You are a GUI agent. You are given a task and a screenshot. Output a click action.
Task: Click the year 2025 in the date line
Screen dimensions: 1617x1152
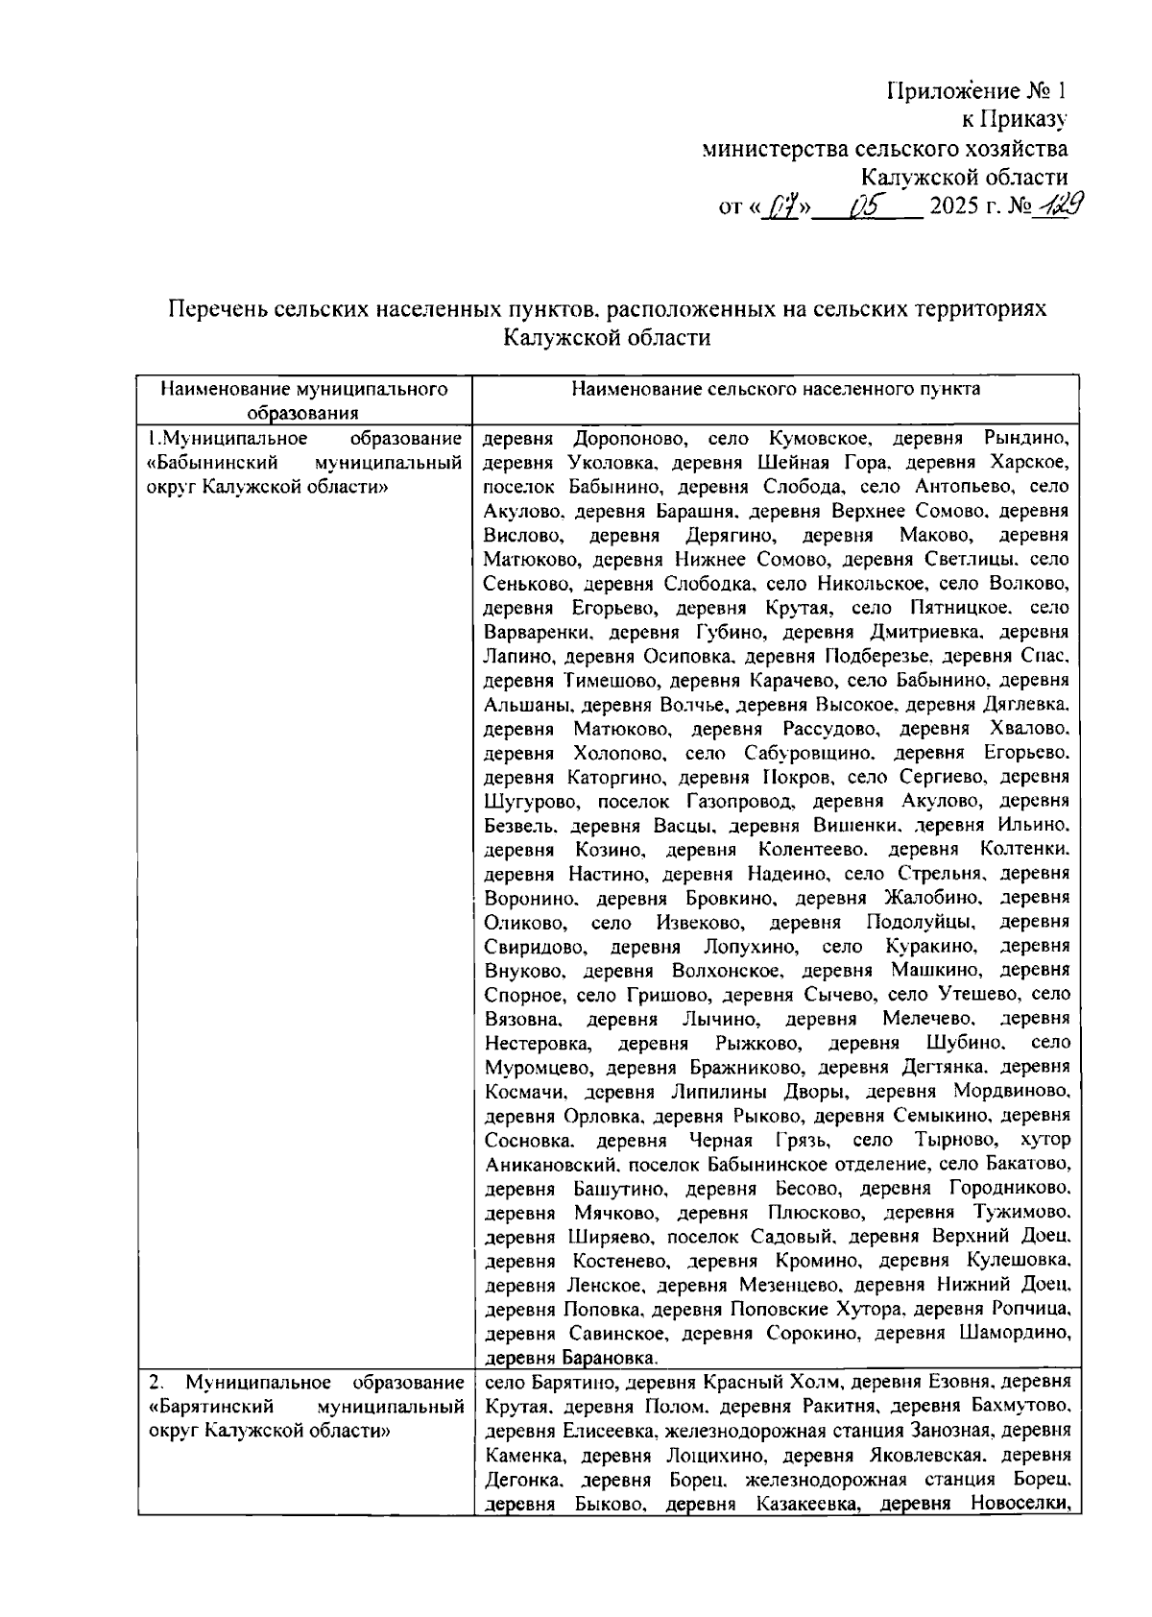(x=961, y=206)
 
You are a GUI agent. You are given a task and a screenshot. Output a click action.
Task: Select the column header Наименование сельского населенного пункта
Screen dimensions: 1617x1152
(x=775, y=389)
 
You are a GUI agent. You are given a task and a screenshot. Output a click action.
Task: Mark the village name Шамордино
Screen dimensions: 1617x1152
(x=1014, y=1333)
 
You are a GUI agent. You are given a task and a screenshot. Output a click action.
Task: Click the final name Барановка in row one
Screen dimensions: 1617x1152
(x=609, y=1358)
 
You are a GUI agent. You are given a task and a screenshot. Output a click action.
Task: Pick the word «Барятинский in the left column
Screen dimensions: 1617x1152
(x=204, y=1407)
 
